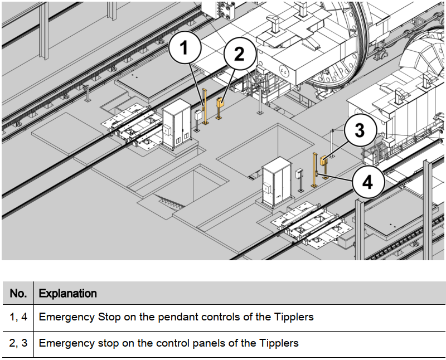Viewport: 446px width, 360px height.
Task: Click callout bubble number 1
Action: click(x=185, y=47)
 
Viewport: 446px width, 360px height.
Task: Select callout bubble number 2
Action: click(x=240, y=53)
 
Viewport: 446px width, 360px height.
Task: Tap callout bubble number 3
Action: click(x=360, y=130)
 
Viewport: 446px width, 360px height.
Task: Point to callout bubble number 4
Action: click(x=368, y=182)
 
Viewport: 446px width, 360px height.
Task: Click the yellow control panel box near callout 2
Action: click(x=220, y=102)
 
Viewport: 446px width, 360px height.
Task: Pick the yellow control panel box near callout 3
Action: click(x=324, y=161)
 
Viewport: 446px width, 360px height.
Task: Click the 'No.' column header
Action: click(x=18, y=293)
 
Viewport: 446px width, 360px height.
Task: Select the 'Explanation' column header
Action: click(x=67, y=293)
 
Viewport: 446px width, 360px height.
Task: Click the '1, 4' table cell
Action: click(x=18, y=317)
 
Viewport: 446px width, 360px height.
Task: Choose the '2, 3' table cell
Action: click(x=18, y=343)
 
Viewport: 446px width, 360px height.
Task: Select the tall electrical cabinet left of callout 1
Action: click(x=177, y=124)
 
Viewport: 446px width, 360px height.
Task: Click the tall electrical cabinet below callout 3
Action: click(x=277, y=182)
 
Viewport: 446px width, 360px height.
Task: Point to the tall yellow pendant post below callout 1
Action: click(x=205, y=106)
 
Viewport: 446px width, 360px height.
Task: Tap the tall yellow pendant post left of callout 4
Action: click(x=314, y=170)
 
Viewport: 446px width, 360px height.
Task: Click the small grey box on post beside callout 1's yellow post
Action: click(x=198, y=115)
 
